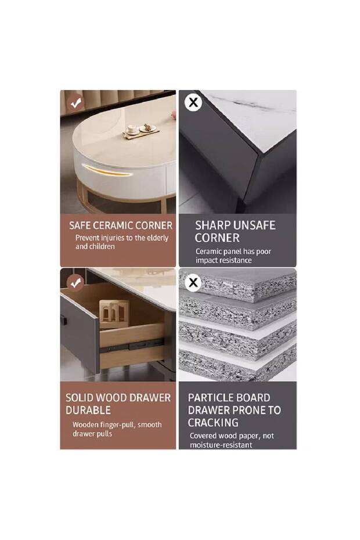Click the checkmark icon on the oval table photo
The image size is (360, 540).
click(x=76, y=102)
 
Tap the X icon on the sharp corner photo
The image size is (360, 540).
click(x=193, y=102)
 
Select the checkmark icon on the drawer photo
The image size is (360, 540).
click(x=75, y=283)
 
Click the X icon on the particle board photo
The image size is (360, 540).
click(x=193, y=283)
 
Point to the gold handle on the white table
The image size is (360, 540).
click(x=107, y=171)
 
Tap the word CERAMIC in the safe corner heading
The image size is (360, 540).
click(x=113, y=225)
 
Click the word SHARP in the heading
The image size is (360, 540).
click(x=213, y=225)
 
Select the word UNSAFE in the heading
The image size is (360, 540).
click(x=254, y=225)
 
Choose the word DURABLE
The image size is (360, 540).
click(x=88, y=411)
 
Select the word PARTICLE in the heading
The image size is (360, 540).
click(x=209, y=398)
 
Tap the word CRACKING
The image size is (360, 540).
click(x=213, y=423)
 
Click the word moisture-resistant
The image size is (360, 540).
click(x=221, y=445)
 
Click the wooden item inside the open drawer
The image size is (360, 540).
click(x=114, y=314)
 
